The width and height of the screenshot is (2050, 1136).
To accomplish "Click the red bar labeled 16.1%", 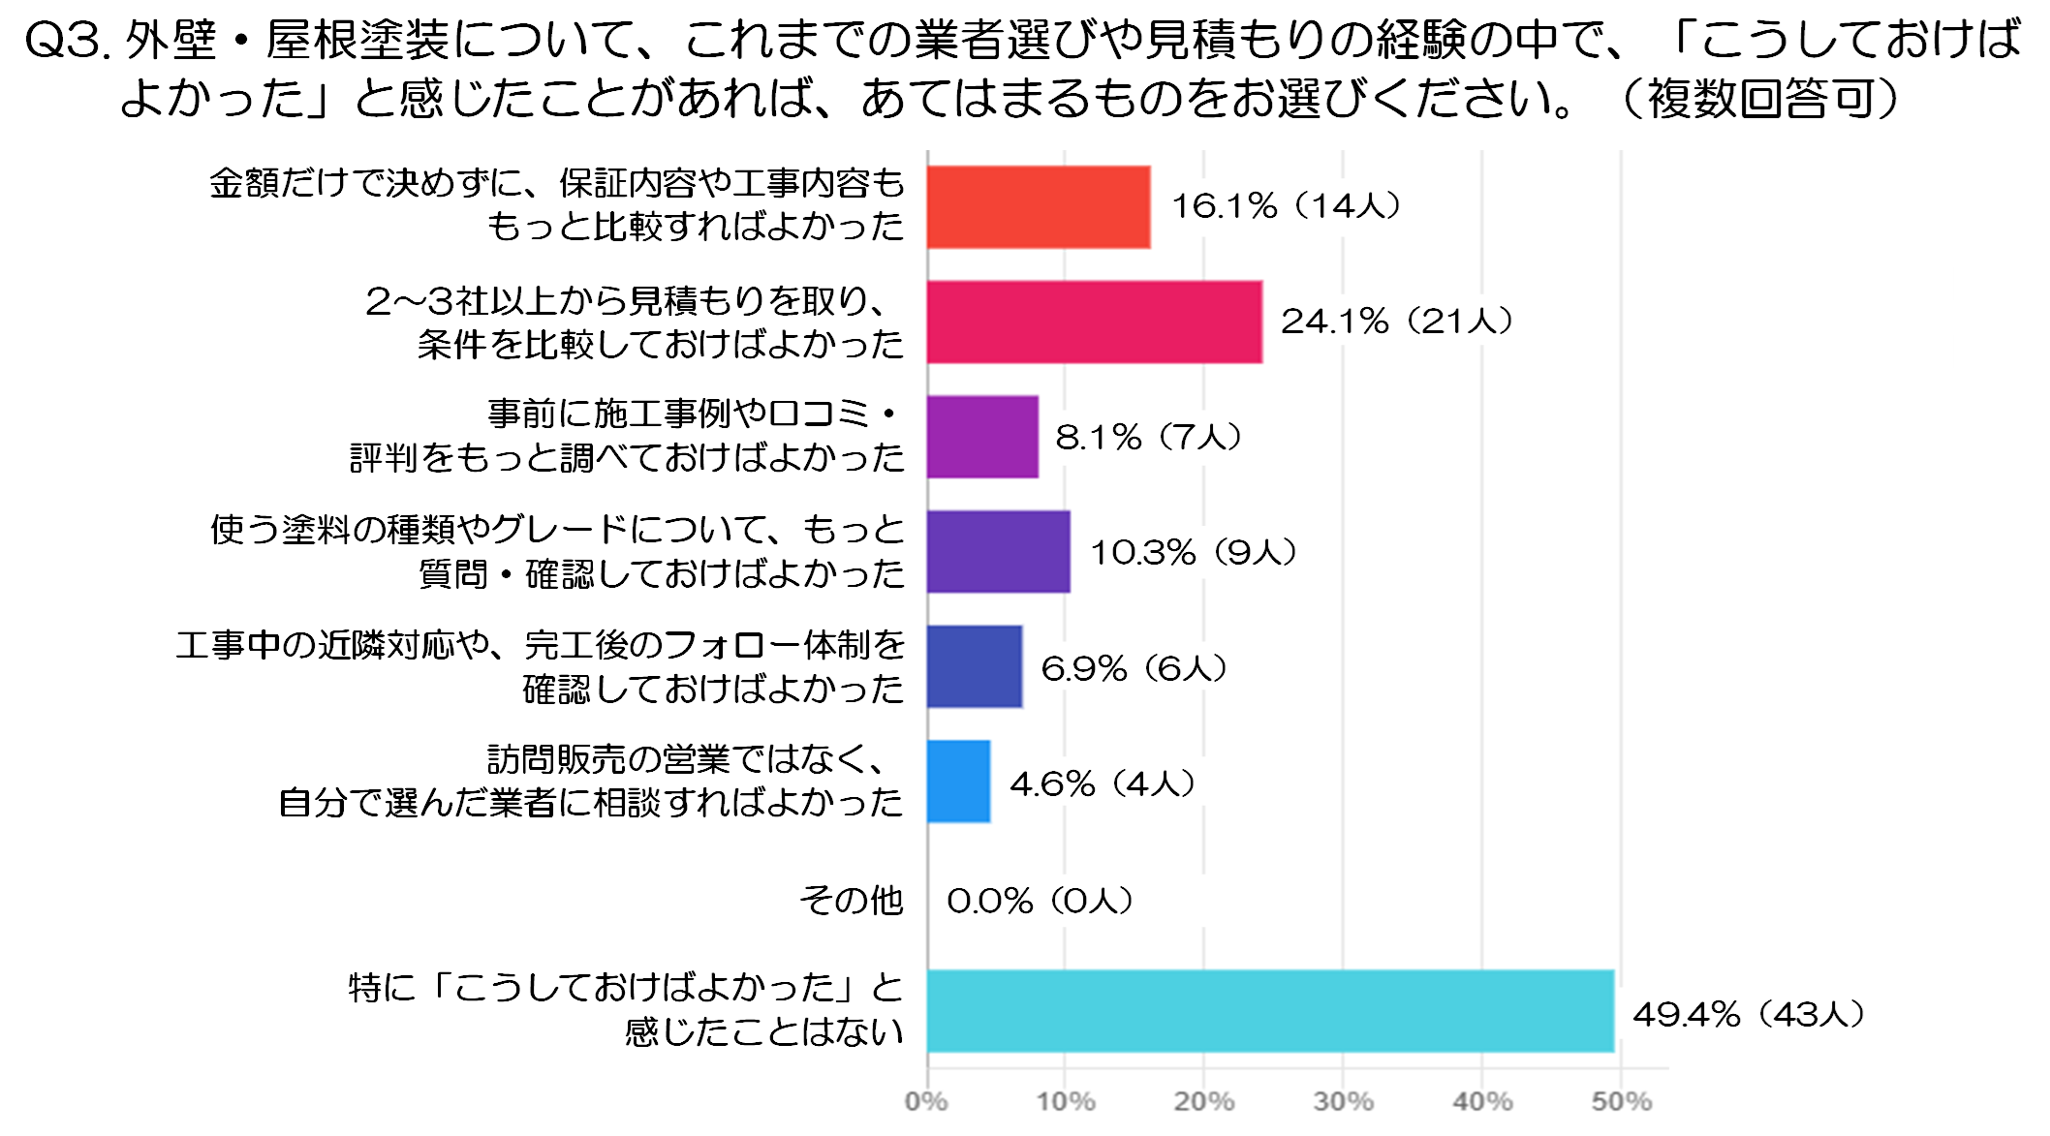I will [x=1039, y=207].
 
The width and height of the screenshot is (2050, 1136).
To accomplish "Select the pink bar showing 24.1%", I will [x=1095, y=322].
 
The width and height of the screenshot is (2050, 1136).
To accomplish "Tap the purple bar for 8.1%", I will [x=982, y=437].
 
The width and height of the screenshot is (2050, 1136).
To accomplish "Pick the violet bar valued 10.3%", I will [x=999, y=552].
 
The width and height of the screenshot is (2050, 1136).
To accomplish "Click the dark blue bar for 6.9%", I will [x=975, y=667].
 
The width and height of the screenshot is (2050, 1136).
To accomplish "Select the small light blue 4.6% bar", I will [x=958, y=782].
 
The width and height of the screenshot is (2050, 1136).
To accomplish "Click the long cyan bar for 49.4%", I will [x=1270, y=1011].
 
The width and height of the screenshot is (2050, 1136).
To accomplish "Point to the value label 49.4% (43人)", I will [x=1749, y=1014].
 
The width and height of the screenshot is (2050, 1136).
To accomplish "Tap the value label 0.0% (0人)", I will [x=1040, y=901].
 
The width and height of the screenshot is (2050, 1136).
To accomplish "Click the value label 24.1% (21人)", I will [x=1396, y=322].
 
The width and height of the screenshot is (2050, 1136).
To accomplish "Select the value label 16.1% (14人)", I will [x=1286, y=205].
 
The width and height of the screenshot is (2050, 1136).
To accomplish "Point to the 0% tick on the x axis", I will [x=926, y=1101].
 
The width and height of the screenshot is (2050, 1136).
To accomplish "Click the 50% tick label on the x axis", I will [x=1621, y=1101].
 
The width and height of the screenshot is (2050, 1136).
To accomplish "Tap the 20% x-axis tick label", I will [x=1204, y=1101].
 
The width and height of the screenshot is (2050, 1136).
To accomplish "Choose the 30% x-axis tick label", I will [x=1343, y=1101].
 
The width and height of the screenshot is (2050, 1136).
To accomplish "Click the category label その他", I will [x=851, y=901].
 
